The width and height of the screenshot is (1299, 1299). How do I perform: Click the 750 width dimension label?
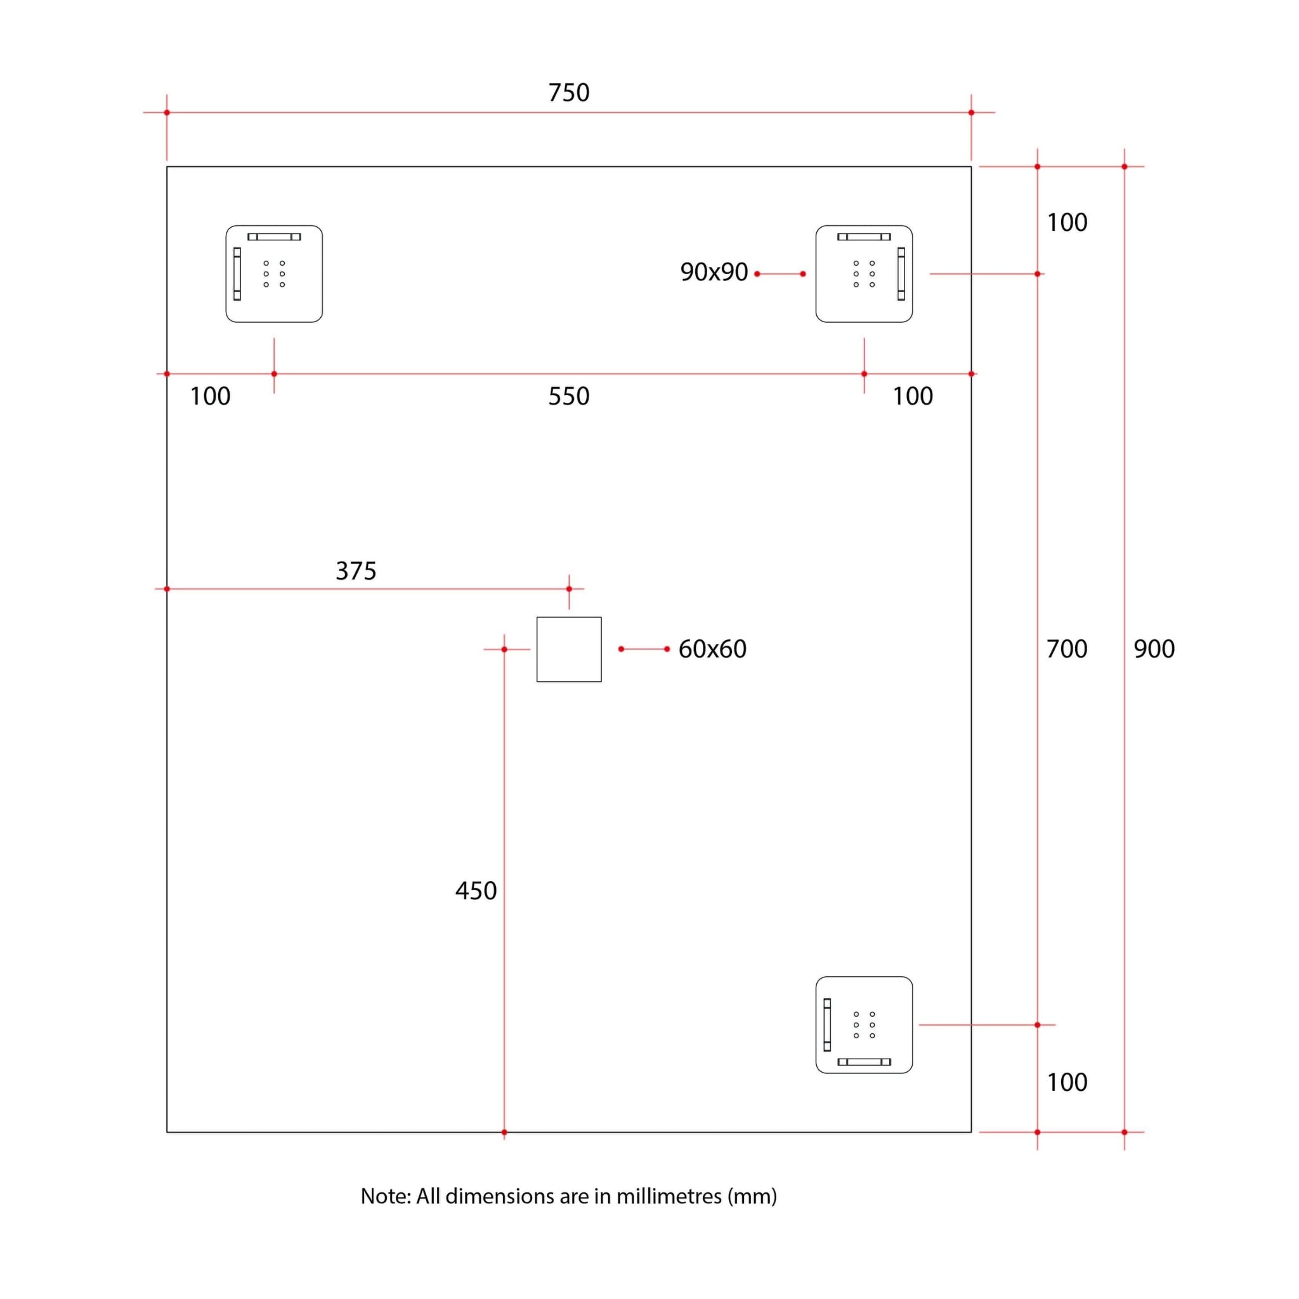point(569,93)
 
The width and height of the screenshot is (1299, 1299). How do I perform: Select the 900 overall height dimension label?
point(1154,649)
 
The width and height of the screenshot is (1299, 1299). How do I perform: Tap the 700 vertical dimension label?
point(1066,649)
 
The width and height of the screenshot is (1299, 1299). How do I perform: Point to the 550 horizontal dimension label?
point(569,396)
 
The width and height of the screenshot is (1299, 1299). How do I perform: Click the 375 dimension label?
point(356,571)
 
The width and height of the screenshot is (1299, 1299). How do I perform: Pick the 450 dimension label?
point(475,891)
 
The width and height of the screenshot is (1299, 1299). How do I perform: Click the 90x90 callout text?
point(714,272)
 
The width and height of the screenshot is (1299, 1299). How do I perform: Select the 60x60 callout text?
point(712,649)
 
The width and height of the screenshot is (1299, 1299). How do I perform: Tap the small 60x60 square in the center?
point(569,649)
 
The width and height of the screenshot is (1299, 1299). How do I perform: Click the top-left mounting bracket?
point(273,273)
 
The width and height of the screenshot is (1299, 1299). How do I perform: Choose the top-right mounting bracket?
point(864,273)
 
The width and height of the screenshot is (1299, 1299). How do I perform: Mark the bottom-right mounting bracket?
point(864,1025)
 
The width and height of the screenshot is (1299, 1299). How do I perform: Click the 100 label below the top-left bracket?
point(210,396)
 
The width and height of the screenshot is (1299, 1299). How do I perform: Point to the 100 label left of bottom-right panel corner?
point(912,396)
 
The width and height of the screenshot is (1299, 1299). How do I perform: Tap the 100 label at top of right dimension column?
point(1066,223)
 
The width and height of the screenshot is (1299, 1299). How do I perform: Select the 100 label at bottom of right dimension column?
point(1066,1083)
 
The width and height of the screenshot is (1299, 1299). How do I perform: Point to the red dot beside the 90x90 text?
point(757,273)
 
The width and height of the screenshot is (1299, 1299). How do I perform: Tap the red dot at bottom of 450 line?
point(504,1132)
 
